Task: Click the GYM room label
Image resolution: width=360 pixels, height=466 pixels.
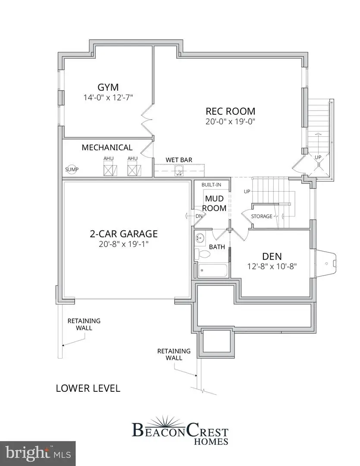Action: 108,86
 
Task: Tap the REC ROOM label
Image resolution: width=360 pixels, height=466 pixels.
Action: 230,111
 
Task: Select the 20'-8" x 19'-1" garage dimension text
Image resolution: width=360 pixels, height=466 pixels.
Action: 123,244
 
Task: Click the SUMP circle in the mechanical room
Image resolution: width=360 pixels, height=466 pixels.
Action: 72,170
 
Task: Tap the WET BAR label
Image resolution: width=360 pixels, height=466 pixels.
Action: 179,160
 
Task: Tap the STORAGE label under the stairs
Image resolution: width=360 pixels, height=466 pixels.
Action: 262,216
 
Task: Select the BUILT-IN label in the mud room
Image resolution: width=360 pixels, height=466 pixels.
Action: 211,185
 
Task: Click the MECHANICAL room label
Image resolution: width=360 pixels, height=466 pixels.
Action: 107,148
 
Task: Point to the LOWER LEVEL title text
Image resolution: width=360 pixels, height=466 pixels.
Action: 88,388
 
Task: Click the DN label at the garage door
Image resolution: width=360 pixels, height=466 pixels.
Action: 199,216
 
